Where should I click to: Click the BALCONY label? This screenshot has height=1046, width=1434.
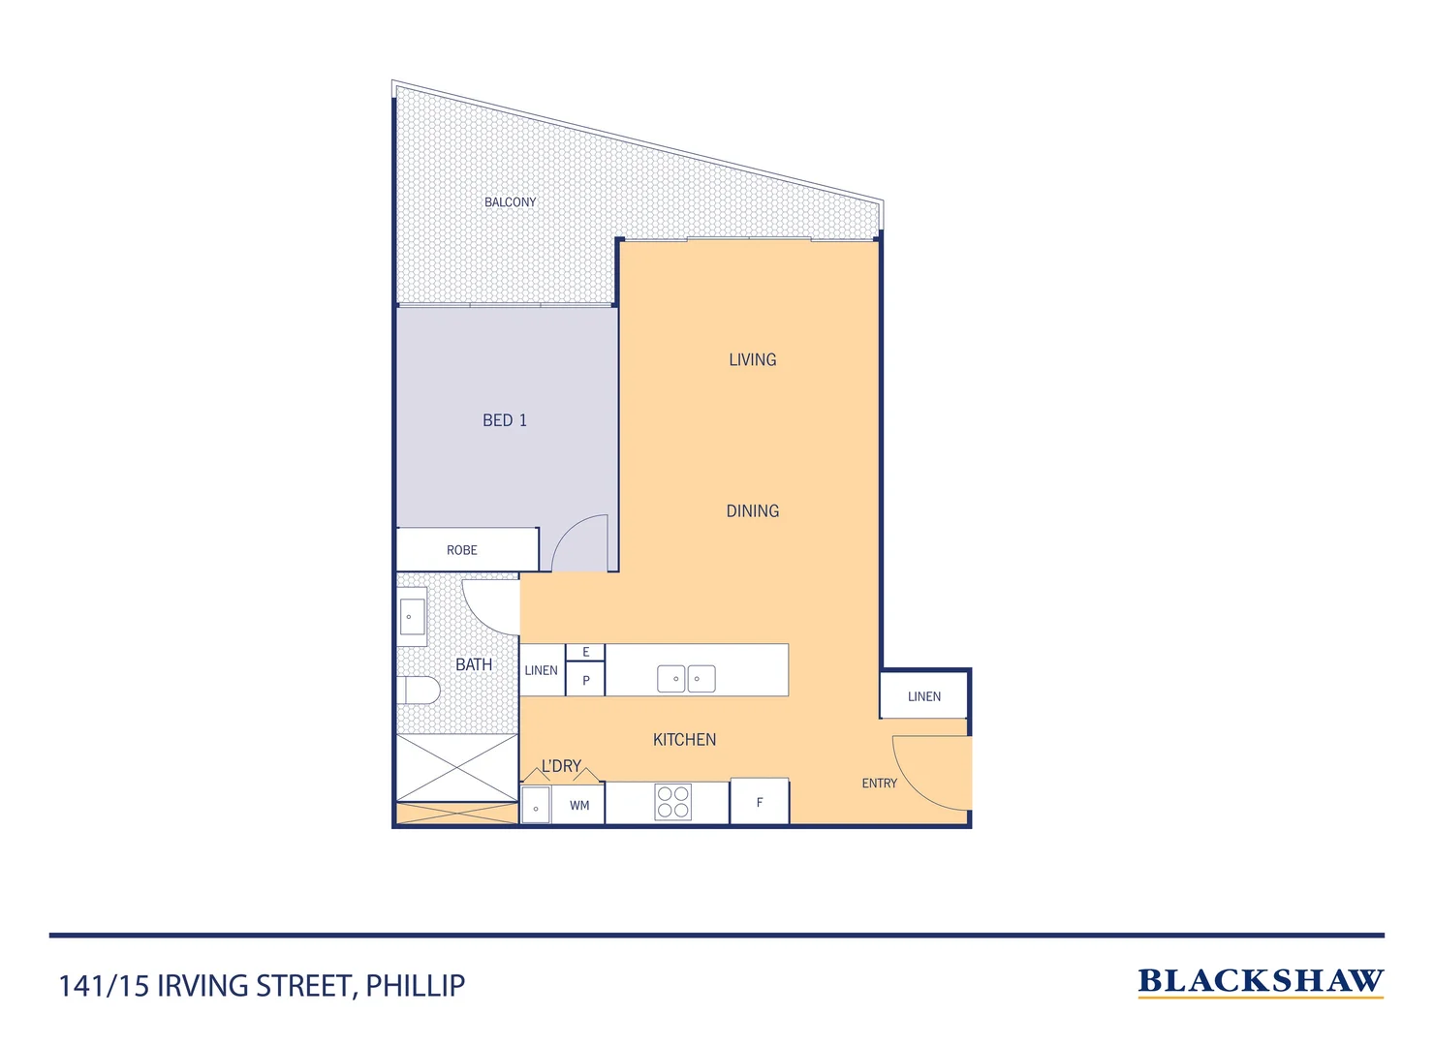[x=510, y=202]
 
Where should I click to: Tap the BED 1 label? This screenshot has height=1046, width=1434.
[x=505, y=420]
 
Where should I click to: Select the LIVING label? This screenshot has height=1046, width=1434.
[x=752, y=360]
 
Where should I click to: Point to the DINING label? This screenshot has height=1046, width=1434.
[x=752, y=511]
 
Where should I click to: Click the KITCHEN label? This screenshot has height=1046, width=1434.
[x=684, y=740]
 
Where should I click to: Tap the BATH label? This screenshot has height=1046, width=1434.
[x=474, y=664]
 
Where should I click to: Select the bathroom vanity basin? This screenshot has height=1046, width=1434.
[x=412, y=617]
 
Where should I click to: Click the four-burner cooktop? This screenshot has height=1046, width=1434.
[x=672, y=803]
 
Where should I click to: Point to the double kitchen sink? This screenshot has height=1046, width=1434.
[x=686, y=679]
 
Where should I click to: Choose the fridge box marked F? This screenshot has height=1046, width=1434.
[x=760, y=803]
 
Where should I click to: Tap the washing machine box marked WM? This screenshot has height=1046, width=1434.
[x=578, y=805]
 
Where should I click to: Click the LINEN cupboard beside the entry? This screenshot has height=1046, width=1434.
[x=923, y=696]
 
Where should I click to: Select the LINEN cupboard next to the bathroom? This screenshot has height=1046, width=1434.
[x=542, y=670]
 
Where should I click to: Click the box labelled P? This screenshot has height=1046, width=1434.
[x=585, y=680]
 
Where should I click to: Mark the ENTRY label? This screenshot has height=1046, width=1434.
[x=879, y=784]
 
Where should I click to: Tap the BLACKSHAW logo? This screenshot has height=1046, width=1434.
[x=1260, y=982]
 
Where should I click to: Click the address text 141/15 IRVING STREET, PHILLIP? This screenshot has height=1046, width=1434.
[x=262, y=986]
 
